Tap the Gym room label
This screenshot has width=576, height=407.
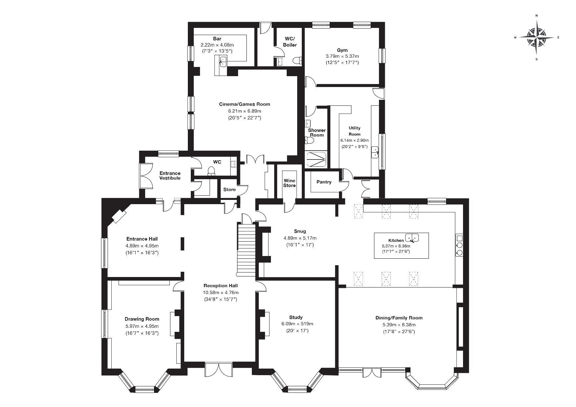pyautogui.click(x=342, y=50)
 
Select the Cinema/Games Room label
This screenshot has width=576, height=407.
pyautogui.click(x=245, y=104)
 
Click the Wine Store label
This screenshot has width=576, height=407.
pyautogui.click(x=289, y=183)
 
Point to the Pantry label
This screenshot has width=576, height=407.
pyautogui.click(x=324, y=182)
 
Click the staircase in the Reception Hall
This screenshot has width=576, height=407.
pyautogui.click(x=246, y=249)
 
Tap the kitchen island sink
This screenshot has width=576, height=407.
pyautogui.click(x=412, y=237)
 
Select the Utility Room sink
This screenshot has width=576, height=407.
pyautogui.click(x=375, y=153)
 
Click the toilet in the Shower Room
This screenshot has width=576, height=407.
pyautogui.click(x=309, y=140)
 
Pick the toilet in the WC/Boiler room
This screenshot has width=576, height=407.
pyautogui.click(x=298, y=60)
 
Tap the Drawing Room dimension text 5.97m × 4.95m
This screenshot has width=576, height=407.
pyautogui.click(x=142, y=326)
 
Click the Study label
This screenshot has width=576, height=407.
pyautogui.click(x=296, y=317)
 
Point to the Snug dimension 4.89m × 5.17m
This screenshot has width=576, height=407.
pyautogui.click(x=300, y=238)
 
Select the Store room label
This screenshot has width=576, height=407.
pyautogui.click(x=230, y=189)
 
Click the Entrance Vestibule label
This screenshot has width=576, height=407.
pyautogui.click(x=170, y=176)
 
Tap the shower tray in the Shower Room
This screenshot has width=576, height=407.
pyautogui.click(x=316, y=159)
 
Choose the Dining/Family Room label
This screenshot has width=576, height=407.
pyautogui.click(x=399, y=318)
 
